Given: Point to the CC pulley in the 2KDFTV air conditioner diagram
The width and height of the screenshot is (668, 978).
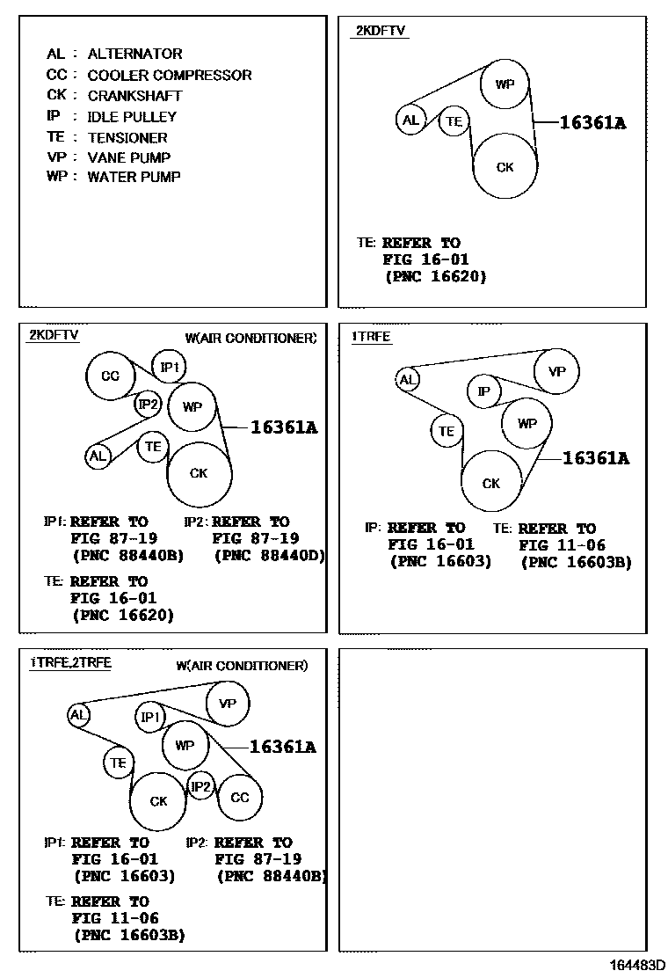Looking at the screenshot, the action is [x=110, y=376].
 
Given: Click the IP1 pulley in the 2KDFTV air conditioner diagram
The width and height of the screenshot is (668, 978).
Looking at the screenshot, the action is [x=170, y=367].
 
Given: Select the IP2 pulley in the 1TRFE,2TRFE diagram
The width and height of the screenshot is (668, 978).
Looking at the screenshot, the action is [x=201, y=786].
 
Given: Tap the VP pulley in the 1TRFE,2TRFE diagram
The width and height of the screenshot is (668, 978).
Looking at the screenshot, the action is [x=228, y=704].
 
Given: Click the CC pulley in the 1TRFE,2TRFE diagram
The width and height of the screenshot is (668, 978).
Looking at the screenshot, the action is [x=240, y=798].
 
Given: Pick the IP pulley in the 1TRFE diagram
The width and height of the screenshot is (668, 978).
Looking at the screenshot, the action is [x=483, y=390].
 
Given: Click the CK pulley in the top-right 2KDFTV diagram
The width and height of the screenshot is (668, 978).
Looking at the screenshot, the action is [x=505, y=167].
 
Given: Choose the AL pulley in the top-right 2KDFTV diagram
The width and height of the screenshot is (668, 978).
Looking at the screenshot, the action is [x=410, y=120].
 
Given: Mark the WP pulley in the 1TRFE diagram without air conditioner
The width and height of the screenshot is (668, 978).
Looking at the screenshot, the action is [x=527, y=423].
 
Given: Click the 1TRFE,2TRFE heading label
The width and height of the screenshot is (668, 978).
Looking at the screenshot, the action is [x=70, y=662].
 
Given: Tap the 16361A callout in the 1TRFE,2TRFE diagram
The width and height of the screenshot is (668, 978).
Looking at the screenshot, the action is [x=282, y=747].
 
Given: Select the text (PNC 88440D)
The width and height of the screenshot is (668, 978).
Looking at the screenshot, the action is [x=269, y=555].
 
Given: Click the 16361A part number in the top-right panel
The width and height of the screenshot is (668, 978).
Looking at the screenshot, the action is [x=592, y=123].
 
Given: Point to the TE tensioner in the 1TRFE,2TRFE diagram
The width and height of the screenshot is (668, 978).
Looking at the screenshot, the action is [x=119, y=763].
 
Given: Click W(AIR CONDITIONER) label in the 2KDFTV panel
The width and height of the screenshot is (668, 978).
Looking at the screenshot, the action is [x=250, y=338].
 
